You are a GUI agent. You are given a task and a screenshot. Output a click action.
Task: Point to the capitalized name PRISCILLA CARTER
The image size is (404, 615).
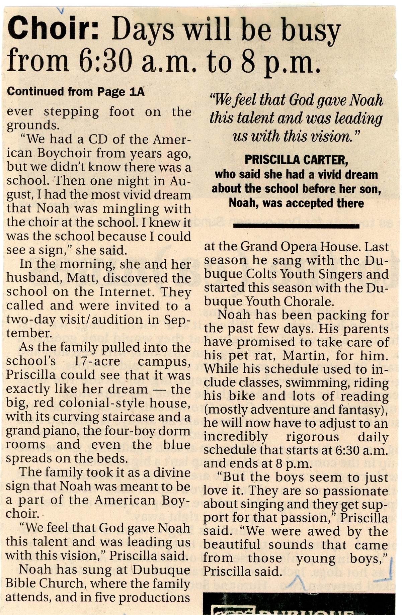pos(296,160)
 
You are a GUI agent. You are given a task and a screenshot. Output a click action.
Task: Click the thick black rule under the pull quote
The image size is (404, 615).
pos(296,227)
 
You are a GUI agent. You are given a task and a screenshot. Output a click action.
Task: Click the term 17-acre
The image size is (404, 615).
pos(97,361)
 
